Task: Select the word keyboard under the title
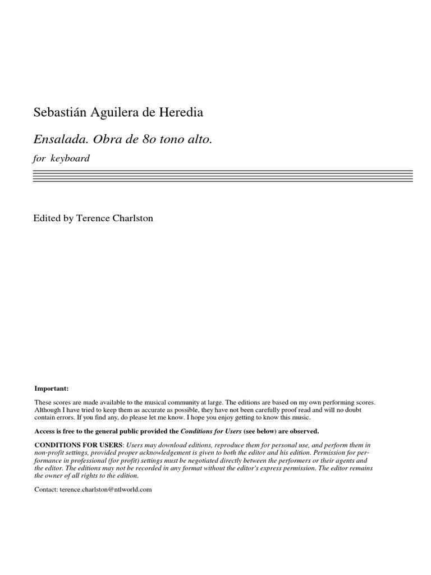pyautogui.click(x=70, y=158)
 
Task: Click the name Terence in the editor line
pyautogui.click(x=94, y=218)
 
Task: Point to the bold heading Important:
pyautogui.click(x=52, y=388)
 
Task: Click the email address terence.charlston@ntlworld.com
pyautogui.click(x=106, y=489)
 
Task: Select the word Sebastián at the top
pyautogui.click(x=58, y=112)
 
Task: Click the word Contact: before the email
pyautogui.click(x=45, y=489)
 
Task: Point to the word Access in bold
pyautogui.click(x=45, y=431)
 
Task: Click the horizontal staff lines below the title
pyautogui.click(x=223, y=177)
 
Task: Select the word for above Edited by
pyautogui.click(x=40, y=158)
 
